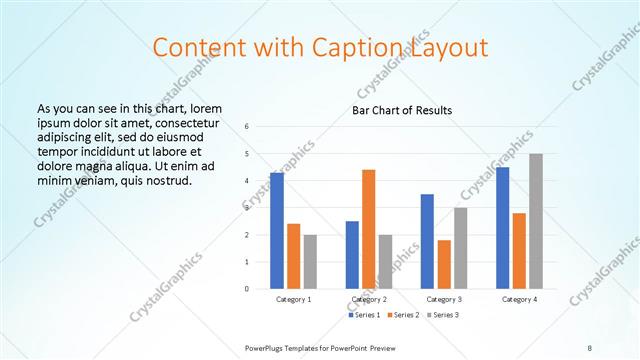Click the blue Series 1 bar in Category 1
click(x=277, y=231)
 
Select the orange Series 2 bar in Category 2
click(x=368, y=229)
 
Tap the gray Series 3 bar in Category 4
click(x=536, y=221)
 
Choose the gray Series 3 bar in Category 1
click(x=310, y=262)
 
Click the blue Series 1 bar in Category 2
click(x=352, y=255)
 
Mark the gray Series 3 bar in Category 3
click(x=460, y=248)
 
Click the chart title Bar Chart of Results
click(x=402, y=110)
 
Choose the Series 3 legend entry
click(x=442, y=315)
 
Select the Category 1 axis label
click(x=293, y=299)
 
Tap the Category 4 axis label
click(x=519, y=299)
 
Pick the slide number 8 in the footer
click(x=589, y=347)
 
